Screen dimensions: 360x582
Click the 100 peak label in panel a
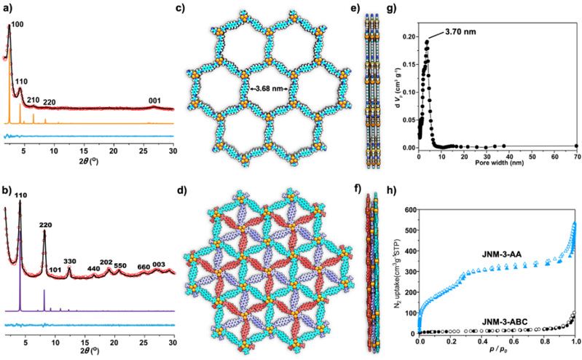click(17, 25)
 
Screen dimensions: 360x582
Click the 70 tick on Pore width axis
click(575, 156)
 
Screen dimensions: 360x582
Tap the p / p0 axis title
click(498, 353)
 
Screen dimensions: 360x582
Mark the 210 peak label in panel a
click(33, 100)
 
